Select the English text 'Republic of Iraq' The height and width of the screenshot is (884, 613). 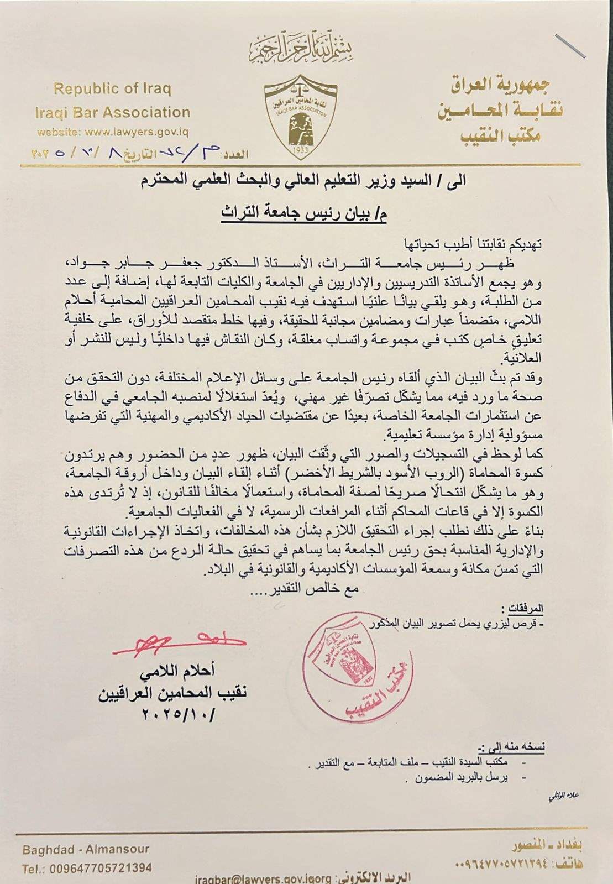coord(112,89)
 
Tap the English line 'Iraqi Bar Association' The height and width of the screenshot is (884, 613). coord(112,113)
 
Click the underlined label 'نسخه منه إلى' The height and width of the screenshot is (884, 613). coord(512,747)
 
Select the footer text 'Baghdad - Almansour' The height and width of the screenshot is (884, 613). coord(86,849)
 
